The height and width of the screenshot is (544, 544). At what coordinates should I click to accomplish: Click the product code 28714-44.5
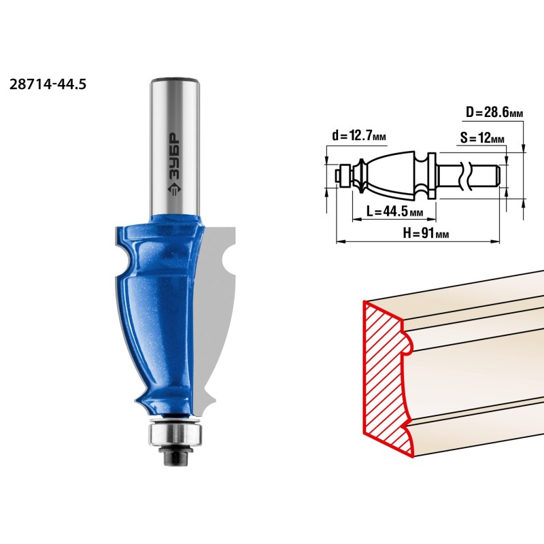48,84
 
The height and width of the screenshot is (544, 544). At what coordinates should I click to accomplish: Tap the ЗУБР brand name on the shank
175,156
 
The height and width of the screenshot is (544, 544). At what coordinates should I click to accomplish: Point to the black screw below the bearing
175,456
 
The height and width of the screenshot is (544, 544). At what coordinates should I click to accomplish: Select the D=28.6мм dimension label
494,112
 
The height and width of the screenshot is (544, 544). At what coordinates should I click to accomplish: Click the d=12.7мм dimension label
359,135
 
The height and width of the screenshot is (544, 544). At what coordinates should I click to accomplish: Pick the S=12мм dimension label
482,138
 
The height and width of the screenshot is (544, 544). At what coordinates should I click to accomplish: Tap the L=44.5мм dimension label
395,211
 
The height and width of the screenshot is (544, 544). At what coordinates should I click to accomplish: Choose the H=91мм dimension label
426,233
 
